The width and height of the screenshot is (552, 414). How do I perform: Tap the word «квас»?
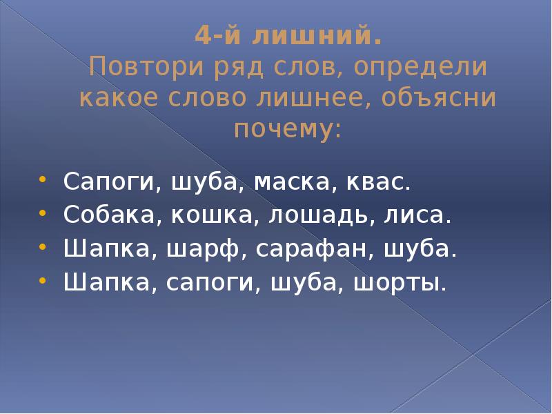pyautogui.click(x=379, y=183)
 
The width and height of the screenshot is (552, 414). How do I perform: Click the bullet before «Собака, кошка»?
pyautogui.click(x=43, y=212)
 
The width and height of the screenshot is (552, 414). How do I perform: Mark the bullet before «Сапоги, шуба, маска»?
pyautogui.click(x=43, y=179)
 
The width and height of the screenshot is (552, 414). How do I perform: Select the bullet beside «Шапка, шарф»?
pyautogui.click(x=43, y=245)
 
